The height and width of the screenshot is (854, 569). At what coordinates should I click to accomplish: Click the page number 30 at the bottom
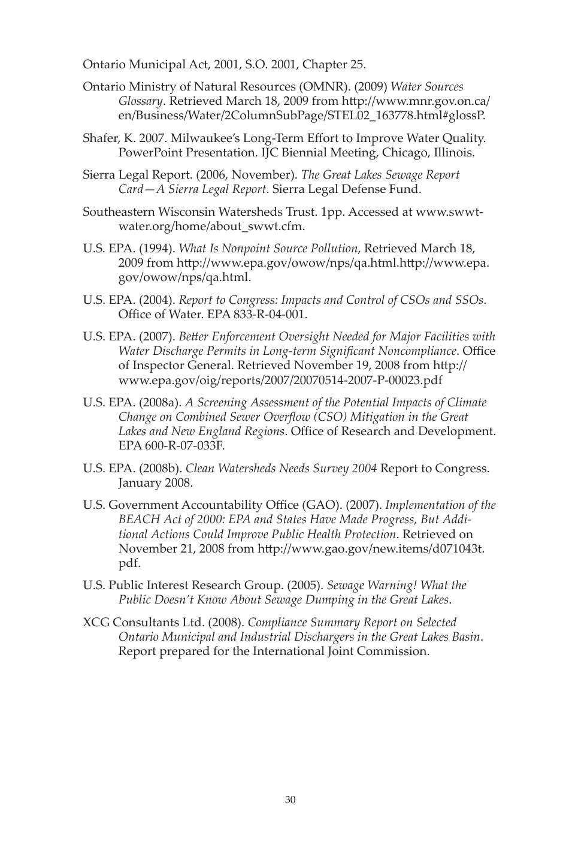[290, 800]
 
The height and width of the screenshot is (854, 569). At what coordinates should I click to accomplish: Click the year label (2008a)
[162, 403]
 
